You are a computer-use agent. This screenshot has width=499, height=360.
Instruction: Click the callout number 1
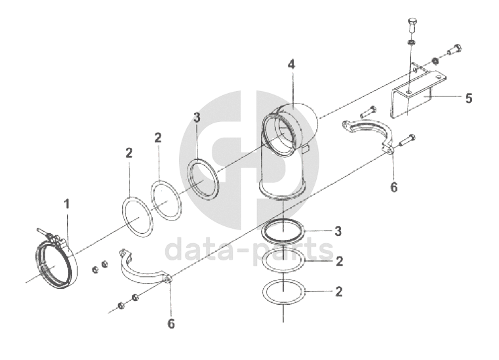point(67,205)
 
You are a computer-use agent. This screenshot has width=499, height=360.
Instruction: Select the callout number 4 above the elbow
point(291,64)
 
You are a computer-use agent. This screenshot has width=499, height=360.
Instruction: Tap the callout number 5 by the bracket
point(469,98)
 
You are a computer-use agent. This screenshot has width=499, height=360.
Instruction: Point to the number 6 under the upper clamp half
point(394,187)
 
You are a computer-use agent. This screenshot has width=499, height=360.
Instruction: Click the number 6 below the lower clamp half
point(171,324)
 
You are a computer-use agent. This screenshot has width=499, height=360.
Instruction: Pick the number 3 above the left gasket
point(197,117)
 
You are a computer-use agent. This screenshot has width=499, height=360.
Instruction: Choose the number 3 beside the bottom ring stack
point(338,231)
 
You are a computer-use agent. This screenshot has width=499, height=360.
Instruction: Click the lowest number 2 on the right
point(339,292)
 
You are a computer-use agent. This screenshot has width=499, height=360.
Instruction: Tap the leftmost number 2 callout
point(129,153)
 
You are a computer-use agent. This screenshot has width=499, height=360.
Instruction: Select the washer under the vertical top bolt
point(412,43)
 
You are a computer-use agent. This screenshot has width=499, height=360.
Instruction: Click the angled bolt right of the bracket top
point(454,49)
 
